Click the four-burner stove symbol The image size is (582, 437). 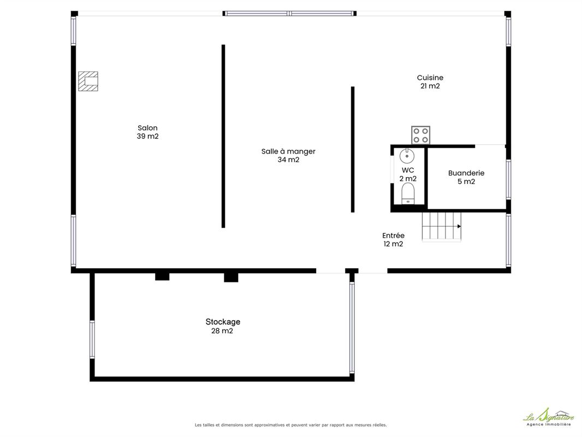[420, 135]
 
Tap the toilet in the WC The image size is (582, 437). [407, 193]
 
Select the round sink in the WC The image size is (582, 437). [407, 156]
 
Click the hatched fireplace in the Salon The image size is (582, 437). [88, 81]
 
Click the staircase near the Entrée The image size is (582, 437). [441, 227]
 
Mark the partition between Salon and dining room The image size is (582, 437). [223, 136]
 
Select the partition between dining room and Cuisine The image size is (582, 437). [353, 150]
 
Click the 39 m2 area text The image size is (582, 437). [148, 136]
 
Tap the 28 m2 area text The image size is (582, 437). [222, 331]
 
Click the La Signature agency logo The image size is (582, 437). [549, 417]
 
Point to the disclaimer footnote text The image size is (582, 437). [290, 425]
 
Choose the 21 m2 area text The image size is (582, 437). [430, 86]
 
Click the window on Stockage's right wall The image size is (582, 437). [352, 327]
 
